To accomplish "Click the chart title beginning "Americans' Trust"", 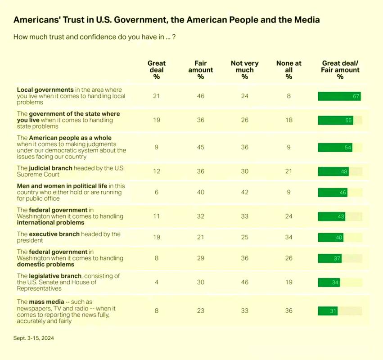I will click(167, 20).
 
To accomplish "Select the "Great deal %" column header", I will click(157, 70).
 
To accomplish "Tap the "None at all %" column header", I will click(288, 70).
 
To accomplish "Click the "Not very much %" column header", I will click(245, 70).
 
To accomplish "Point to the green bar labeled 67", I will click(339, 96).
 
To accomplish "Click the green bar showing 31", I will click(328, 310).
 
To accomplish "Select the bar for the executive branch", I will click(330, 238).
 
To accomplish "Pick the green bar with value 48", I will click(333, 171).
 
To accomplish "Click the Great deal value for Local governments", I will click(157, 96).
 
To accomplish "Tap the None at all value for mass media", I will click(288, 310).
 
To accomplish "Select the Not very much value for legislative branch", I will click(245, 282).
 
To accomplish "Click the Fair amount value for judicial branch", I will click(201, 171).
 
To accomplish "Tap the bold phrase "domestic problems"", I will click(45, 265).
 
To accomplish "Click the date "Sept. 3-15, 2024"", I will click(36, 337).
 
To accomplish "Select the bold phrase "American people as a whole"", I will click(70, 138).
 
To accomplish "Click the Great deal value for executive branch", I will click(157, 238).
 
